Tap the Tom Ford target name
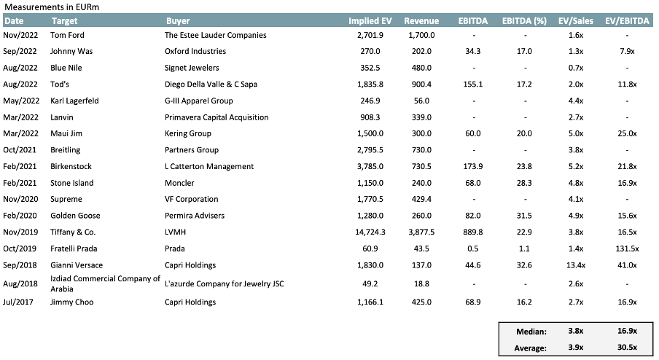(68, 35)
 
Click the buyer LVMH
(176, 232)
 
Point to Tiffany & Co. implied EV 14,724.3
(374, 232)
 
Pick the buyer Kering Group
(188, 133)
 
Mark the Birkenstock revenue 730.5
(419, 166)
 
